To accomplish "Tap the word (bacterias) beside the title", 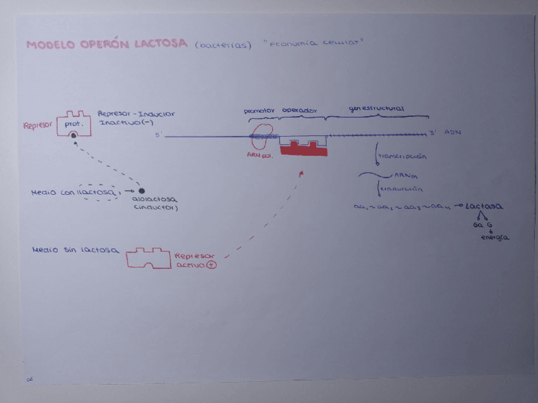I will pos(224,45).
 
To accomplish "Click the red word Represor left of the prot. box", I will pos(37,126).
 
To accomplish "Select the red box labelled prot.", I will pos(74,124).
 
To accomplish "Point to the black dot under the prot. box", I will pos(74,136).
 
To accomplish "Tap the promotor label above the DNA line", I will pos(259,111).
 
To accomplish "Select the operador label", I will pos(299,110).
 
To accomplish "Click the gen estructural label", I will pos(376,109).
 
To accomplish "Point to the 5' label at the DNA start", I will pos(159,135).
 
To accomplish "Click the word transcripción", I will pos(402,156).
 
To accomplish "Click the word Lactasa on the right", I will pos(484,207).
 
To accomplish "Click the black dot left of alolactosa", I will pos(141,191).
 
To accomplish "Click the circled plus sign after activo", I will pos(212,266).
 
